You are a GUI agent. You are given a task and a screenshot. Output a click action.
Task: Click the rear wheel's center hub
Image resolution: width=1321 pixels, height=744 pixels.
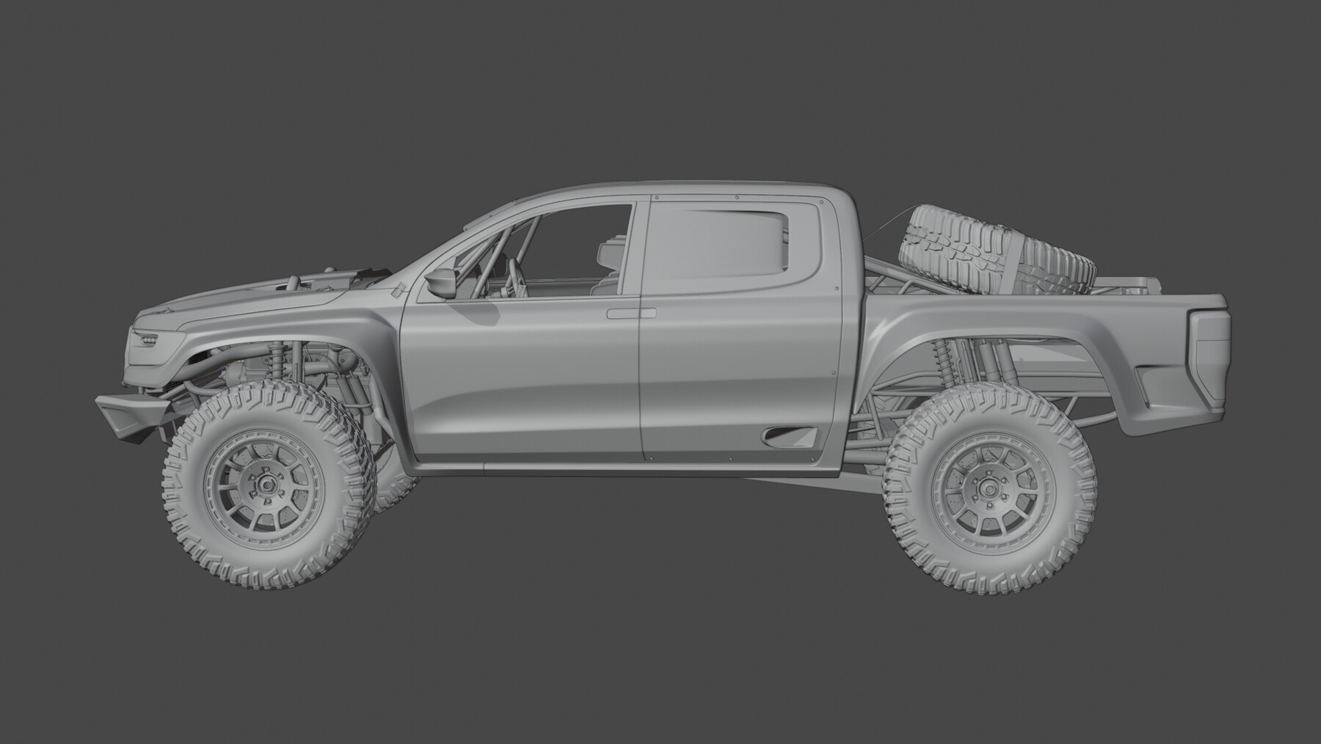coord(990,486)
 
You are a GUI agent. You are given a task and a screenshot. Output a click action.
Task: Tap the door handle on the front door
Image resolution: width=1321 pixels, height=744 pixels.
coord(630,314)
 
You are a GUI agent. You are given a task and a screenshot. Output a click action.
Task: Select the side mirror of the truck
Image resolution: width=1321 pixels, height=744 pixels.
coord(441,282)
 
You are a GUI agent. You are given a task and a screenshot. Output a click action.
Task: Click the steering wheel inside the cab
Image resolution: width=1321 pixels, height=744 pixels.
coord(517,279)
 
